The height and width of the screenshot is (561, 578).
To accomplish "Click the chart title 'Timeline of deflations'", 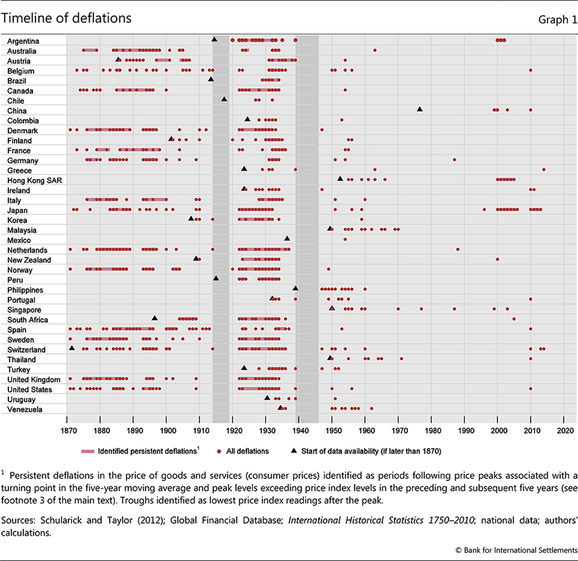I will click(67, 18).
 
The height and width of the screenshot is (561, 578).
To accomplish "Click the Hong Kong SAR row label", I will click(30, 180).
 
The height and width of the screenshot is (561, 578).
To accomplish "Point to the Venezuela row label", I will click(25, 409).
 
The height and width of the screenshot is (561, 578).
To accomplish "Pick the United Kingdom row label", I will click(32, 379).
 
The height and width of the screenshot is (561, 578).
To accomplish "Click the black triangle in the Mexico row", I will click(287, 239).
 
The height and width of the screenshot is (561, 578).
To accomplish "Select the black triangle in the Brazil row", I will click(211, 79).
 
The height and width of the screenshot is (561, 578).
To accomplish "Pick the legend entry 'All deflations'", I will click(246, 451).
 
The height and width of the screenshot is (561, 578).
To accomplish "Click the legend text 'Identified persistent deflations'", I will click(145, 451).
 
